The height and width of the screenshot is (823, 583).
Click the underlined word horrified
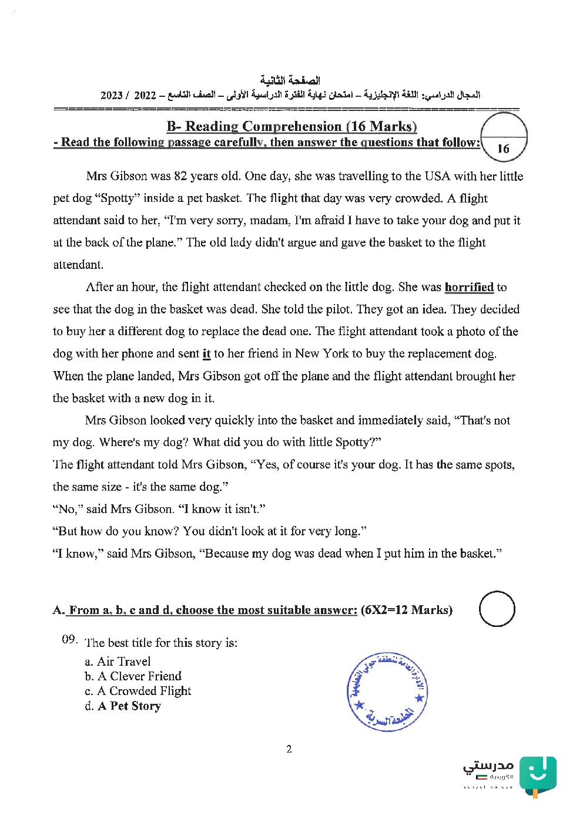pos(469,287)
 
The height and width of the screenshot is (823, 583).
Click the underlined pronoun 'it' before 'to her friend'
pos(206,354)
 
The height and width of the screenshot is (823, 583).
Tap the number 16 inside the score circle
pos(503,149)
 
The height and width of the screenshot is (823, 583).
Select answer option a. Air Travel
pos(118,662)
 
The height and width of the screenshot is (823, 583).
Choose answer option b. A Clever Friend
pos(133,676)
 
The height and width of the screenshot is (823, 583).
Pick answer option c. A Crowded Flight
pos(138,691)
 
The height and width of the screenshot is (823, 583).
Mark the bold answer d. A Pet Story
pos(123,706)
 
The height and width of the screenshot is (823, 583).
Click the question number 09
pos(69,639)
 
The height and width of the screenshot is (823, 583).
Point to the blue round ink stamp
pos(387,692)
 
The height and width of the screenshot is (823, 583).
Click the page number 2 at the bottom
pos(289,749)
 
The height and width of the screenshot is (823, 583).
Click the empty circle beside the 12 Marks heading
pos(497,609)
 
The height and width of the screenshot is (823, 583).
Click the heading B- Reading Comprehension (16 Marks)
pos(291,126)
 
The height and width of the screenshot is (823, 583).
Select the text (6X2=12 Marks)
pos(407,610)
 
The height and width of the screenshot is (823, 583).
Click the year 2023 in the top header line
pos(112,95)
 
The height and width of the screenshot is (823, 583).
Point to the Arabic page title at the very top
pos(290,80)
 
